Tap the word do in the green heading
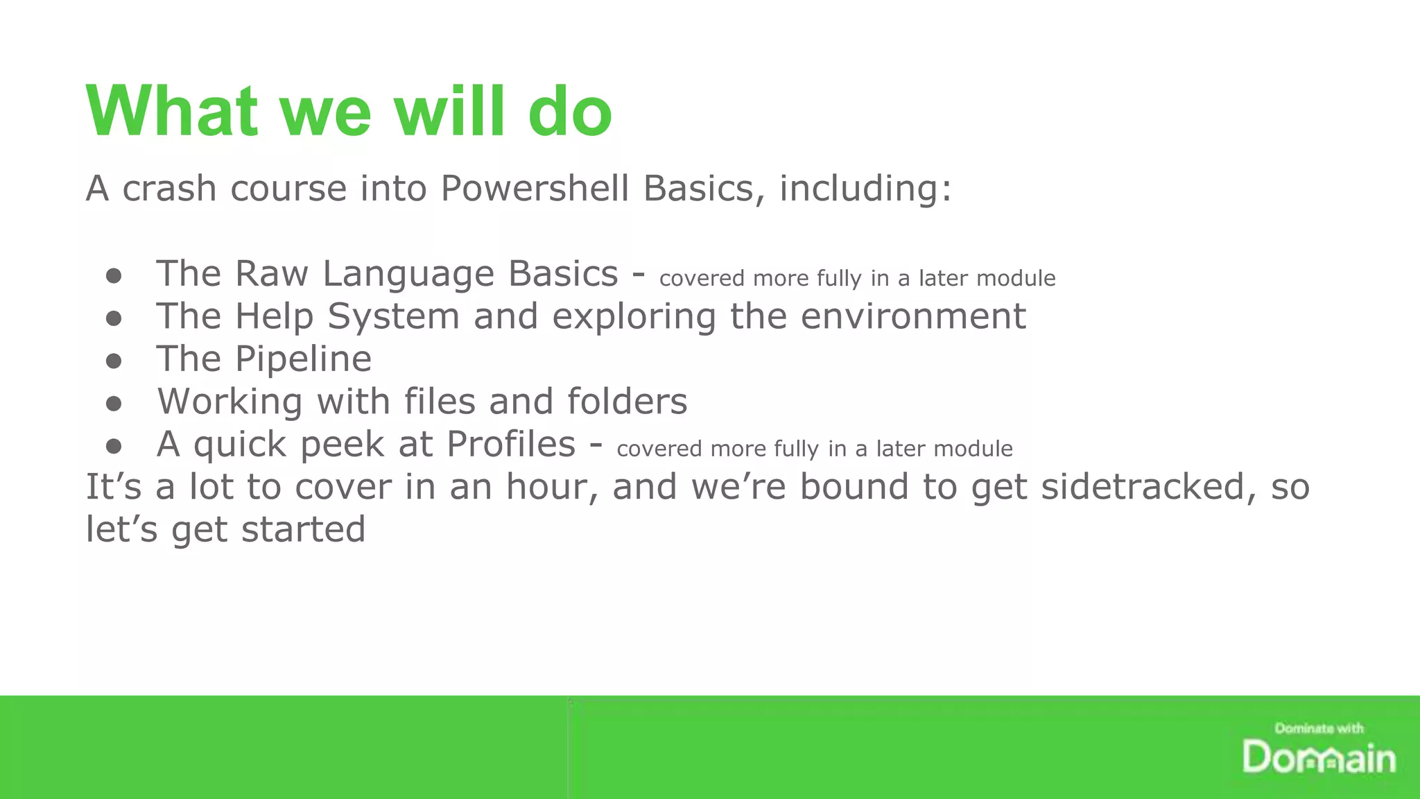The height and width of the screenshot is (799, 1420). coord(570,111)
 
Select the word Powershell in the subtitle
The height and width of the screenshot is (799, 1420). coord(535,189)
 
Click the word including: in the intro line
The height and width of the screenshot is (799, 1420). coord(865,189)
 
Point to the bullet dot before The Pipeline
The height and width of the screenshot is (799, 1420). coord(114,361)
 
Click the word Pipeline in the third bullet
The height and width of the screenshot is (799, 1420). coord(303,359)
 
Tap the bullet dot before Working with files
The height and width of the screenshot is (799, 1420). coord(114,403)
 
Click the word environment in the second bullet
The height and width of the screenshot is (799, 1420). coord(912,317)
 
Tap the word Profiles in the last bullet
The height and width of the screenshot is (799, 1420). coord(511,445)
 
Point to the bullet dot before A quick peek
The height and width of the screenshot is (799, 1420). coord(114,446)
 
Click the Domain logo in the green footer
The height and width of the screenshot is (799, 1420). coord(1318,757)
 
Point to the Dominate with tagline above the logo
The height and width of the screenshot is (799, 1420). coord(1318,728)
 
